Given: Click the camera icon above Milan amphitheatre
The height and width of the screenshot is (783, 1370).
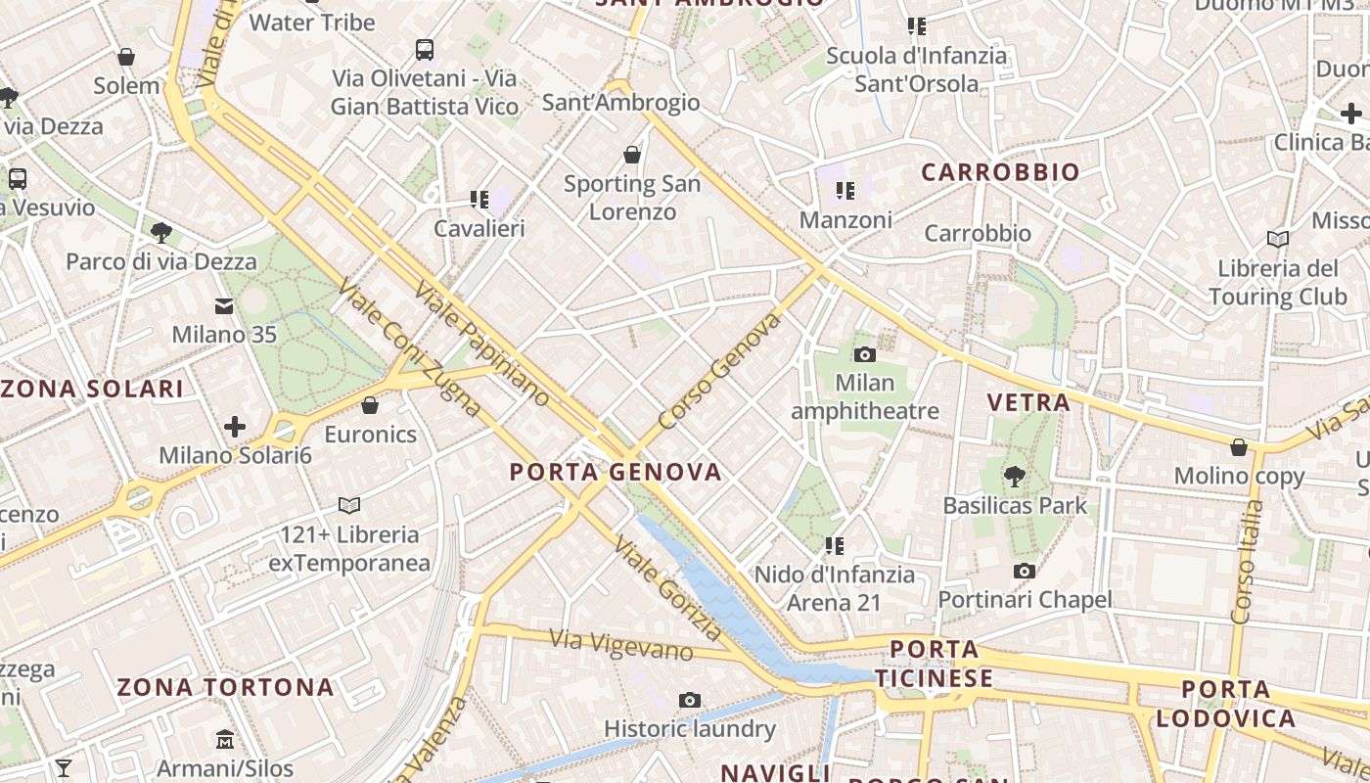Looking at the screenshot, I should pos(864,354).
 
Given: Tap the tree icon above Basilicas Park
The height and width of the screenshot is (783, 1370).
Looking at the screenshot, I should pos(1015,477).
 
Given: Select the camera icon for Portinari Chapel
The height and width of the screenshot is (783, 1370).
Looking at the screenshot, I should pos(1025,571).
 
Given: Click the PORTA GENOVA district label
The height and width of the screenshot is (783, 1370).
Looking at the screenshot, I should pos(616,472).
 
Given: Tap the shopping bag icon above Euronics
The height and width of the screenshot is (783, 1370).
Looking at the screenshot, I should pos(370,405).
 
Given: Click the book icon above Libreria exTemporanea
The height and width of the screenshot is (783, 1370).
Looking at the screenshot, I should pos(349,505).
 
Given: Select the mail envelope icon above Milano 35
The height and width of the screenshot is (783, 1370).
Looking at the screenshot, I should pos(224,306).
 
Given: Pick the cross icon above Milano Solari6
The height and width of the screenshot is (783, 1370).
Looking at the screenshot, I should pos(234,427).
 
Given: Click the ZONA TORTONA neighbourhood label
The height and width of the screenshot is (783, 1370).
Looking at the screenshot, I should pos(226,687).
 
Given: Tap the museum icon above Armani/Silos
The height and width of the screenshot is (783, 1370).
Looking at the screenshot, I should pos(225,738).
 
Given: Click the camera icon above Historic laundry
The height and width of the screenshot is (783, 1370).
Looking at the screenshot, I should pos(690,700).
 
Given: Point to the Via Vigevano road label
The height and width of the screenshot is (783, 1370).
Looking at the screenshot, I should pos(621,645).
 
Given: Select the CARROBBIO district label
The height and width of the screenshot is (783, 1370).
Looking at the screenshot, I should pos(1001,172).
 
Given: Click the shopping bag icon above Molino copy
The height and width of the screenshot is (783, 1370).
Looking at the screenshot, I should pos(1239,447).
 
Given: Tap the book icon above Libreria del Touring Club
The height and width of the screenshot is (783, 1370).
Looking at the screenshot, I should pos(1277,239).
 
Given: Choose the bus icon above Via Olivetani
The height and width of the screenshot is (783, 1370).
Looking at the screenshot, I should pos(424,49).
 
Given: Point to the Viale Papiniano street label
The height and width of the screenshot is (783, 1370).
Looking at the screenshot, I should pos(481,344).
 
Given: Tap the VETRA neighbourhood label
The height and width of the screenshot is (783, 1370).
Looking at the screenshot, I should pos(1028,402).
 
